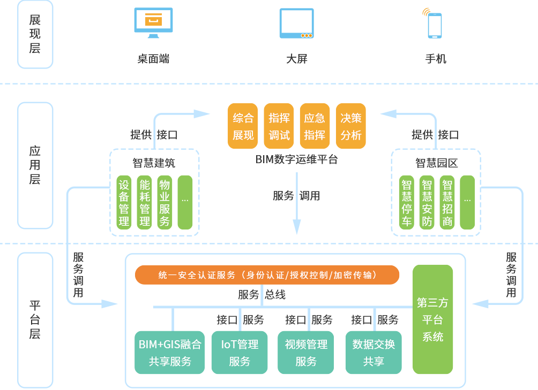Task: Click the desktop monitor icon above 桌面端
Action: point(153,23)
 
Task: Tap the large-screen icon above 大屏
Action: point(296,23)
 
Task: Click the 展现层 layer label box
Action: point(35,34)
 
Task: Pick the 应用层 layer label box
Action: point(35,165)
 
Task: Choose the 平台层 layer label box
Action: point(35,320)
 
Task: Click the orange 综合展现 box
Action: point(243,126)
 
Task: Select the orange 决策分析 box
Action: point(351,126)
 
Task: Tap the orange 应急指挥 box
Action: point(315,126)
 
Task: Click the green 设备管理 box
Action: point(124,202)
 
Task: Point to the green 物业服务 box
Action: point(165,202)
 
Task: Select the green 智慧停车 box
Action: point(407,202)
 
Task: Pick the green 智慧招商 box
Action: point(447,202)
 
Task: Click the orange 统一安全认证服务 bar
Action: point(267,275)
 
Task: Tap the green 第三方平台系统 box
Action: point(432,319)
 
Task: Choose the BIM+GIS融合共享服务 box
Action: point(170,353)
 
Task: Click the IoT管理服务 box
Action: point(240,353)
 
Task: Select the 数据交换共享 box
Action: point(373,353)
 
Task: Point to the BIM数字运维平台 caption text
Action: point(296,159)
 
